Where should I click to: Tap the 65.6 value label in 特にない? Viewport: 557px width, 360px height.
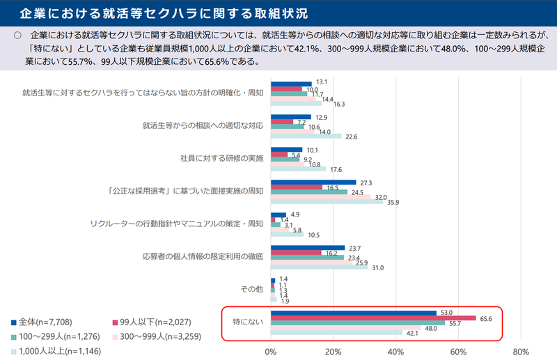486,318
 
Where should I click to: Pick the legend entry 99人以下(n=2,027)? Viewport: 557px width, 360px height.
150,322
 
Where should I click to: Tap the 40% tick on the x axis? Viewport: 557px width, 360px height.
396,351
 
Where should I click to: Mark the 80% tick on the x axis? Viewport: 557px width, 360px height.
521,351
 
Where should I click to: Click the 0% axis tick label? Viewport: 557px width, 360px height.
271,351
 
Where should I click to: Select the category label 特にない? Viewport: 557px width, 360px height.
249,321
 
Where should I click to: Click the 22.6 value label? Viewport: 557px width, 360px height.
352,136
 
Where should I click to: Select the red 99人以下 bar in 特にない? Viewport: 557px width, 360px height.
373,318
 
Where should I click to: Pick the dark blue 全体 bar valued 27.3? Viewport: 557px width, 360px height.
313,182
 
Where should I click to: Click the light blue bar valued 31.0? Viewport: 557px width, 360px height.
319,267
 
